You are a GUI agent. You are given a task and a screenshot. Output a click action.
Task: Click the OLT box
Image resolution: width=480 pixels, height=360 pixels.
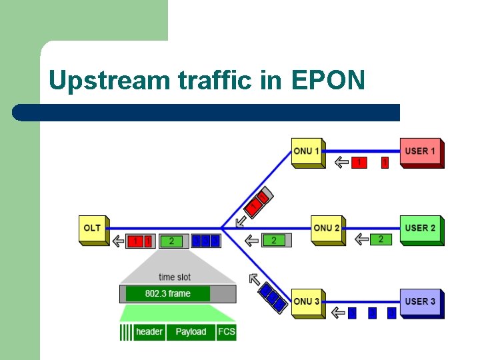point(93,229)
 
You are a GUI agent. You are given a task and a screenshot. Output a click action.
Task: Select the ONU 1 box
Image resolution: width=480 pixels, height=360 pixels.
point(307,152)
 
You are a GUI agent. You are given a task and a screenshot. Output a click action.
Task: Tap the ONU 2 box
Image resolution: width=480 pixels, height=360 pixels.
point(327,229)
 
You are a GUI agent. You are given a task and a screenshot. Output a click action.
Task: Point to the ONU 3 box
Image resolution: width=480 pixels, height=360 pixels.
point(307,302)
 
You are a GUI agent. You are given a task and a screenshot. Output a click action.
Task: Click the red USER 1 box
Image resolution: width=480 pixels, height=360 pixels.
point(421,152)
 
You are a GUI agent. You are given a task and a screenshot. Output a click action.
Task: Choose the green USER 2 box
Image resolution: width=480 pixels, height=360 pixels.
point(421,229)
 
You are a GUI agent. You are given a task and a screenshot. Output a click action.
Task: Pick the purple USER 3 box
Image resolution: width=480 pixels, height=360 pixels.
point(421,302)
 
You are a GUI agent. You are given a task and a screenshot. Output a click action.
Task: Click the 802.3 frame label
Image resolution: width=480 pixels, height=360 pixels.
point(168,293)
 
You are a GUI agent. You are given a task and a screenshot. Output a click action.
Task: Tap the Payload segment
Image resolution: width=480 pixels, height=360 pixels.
point(191,332)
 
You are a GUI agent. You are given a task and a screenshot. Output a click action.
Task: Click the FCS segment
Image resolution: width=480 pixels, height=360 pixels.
point(227,332)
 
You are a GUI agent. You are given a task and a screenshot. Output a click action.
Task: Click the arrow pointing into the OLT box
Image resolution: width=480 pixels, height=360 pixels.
point(118,240)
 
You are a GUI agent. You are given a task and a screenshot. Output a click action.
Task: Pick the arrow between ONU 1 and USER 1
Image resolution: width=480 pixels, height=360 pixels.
point(341,162)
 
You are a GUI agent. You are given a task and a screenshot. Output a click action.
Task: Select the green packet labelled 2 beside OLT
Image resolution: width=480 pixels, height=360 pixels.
point(172,241)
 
